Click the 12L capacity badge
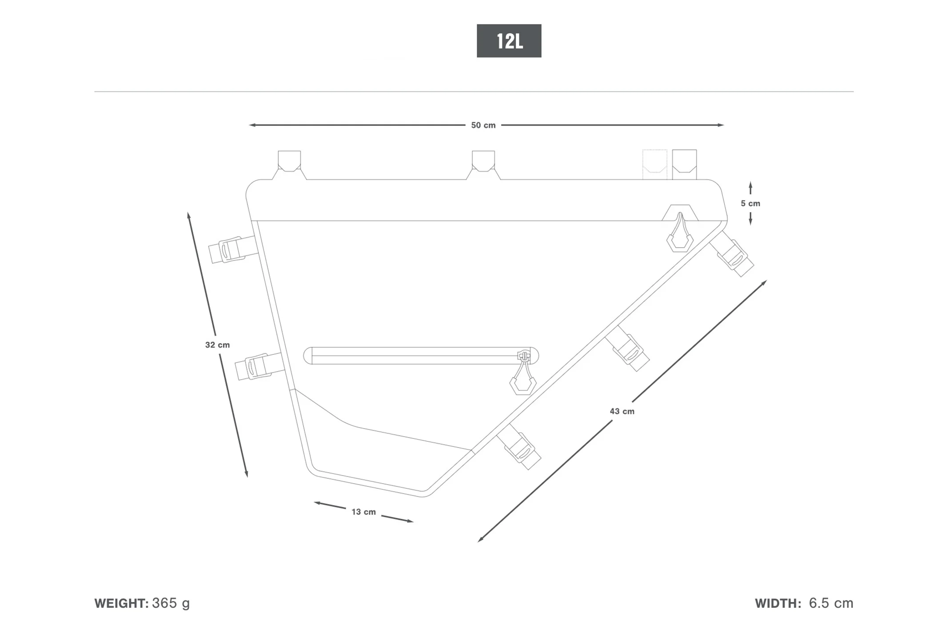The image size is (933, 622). tap(509, 41)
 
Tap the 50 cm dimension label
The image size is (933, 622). tap(483, 125)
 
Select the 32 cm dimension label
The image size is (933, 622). tap(217, 345)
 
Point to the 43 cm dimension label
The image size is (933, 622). tap(622, 411)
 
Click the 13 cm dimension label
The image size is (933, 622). tap(363, 512)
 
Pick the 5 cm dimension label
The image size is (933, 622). tap(750, 203)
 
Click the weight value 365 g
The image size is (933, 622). tap(171, 603)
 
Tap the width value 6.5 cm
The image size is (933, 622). tap(831, 603)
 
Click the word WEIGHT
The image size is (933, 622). tap(121, 603)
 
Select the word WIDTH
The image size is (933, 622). tap(778, 603)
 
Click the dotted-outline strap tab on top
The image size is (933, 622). tap(654, 165)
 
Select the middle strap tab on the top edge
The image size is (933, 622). tap(483, 165)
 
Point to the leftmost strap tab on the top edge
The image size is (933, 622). tap(289, 165)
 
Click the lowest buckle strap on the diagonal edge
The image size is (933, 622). tap(519, 446)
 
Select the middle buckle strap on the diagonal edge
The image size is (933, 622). tap(627, 348)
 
